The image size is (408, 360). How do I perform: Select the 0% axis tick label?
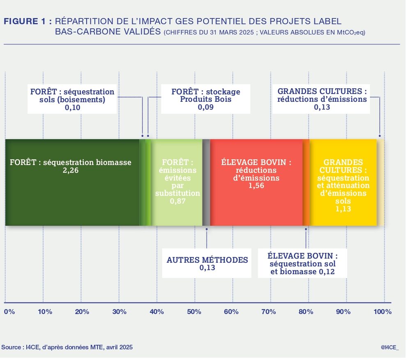pos(9,312)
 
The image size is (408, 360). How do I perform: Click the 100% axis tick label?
pos(383,312)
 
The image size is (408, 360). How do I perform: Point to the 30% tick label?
pos(119,312)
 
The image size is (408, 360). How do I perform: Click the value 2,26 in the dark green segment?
pos(71,170)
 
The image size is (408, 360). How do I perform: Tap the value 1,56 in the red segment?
pos(256,186)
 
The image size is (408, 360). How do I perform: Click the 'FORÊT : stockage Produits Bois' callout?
pos(206,99)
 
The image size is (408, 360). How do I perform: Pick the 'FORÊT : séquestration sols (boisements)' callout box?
pos(72,99)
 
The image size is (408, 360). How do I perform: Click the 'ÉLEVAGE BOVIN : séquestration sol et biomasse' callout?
pos(303,264)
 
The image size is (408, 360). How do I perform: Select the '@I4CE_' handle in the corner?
pos(390,347)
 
